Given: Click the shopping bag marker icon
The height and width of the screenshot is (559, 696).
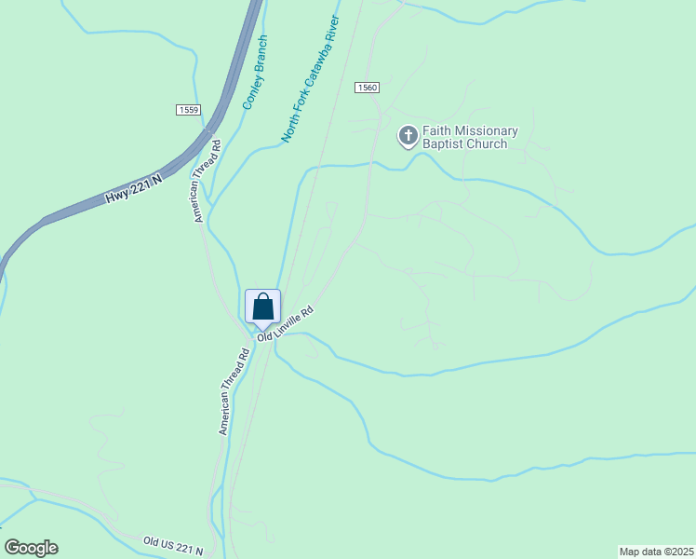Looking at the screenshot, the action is coord(263,307).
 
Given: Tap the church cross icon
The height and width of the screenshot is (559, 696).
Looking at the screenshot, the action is coord(408,137).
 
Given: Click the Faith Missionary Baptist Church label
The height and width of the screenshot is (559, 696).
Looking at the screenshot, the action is coord(470,138).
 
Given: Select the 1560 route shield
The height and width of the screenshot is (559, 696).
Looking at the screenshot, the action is coord(367,88).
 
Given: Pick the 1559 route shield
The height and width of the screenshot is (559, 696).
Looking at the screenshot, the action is coord(188,110).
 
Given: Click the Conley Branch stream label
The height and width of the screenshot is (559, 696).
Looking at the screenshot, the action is coord(255,73).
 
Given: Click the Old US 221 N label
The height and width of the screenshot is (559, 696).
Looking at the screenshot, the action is coord(173,545).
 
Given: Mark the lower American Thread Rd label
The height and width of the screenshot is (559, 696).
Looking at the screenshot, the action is coord(234,392).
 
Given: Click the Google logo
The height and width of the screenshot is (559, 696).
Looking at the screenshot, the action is coord(31,548).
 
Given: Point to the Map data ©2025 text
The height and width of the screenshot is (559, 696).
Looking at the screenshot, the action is coord(656,551).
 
